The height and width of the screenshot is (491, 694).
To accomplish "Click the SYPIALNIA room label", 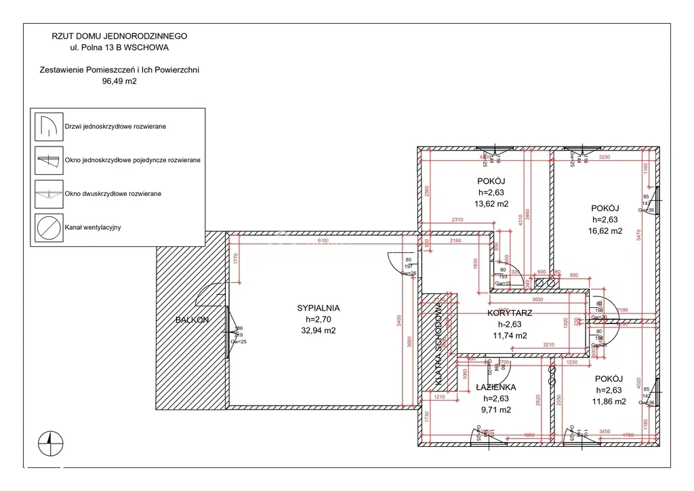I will click(x=318, y=308).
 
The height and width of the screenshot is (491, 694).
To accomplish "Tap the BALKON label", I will click(x=191, y=319).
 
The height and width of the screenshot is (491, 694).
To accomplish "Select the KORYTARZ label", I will click(x=509, y=313).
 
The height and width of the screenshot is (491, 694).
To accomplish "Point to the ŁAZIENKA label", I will click(x=495, y=387).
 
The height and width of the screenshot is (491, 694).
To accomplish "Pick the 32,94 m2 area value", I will click(x=318, y=331).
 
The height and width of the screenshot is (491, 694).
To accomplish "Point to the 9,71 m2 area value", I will click(x=495, y=410).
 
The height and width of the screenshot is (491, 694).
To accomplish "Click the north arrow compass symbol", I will click(x=51, y=444).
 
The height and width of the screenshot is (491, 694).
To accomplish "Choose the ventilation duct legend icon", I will click(x=49, y=227).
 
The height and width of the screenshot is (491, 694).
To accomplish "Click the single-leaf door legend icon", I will click(x=49, y=127).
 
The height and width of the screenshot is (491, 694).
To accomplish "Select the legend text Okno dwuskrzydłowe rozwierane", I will click(x=113, y=194).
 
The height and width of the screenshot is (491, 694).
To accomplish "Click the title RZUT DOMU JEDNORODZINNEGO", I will click(x=119, y=36).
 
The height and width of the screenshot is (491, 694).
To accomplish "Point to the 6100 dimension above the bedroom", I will click(x=323, y=241).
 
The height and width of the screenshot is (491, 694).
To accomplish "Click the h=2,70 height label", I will click(x=318, y=319).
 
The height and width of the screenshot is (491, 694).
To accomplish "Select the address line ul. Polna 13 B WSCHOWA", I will click(x=119, y=47).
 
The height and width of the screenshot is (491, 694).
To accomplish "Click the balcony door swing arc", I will click(x=205, y=296).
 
